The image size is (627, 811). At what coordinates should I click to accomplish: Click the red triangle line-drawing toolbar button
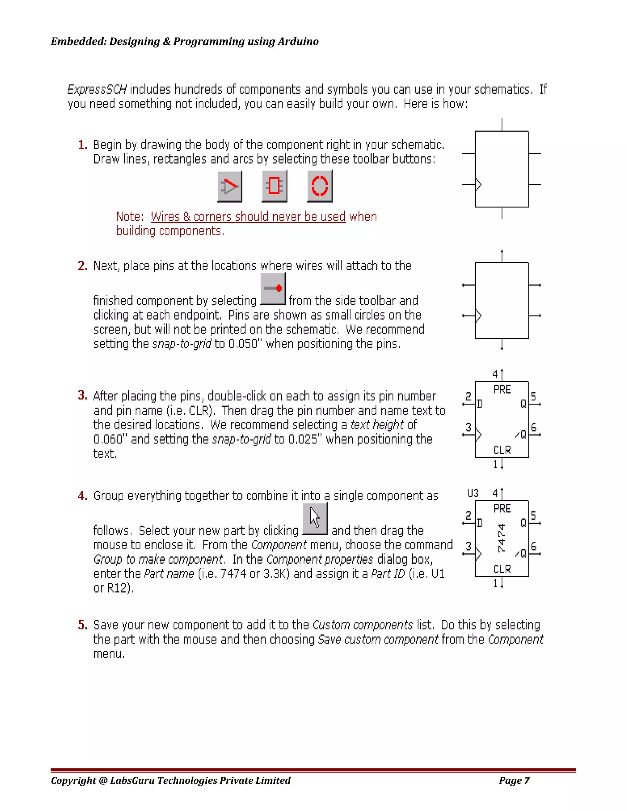point(230,186)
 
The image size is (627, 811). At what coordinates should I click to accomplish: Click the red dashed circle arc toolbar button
point(319,186)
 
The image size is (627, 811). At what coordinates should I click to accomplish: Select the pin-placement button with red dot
point(273,289)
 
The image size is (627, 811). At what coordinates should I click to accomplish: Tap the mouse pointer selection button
point(315,518)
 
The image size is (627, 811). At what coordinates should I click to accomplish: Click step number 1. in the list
point(82,145)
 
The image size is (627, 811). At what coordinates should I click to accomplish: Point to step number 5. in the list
point(82,625)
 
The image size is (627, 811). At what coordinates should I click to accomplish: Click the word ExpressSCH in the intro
point(97,89)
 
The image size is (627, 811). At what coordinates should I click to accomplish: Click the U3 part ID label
point(473,493)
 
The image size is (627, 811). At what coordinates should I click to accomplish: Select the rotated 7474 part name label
point(501,538)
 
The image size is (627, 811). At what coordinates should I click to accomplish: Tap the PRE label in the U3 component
point(502,509)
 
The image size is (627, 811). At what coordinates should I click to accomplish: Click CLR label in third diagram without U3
point(502,450)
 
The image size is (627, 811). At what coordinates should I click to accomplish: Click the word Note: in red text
point(130,216)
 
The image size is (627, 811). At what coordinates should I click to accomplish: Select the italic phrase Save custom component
point(378,639)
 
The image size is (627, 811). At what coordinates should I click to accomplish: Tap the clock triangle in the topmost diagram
point(479,184)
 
